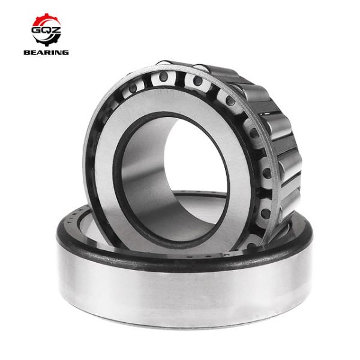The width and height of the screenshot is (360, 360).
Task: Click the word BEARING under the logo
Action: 46,52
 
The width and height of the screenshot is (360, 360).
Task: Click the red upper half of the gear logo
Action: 46,22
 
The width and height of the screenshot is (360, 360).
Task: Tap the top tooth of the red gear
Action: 46,15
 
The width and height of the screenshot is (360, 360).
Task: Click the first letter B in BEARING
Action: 27,52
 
